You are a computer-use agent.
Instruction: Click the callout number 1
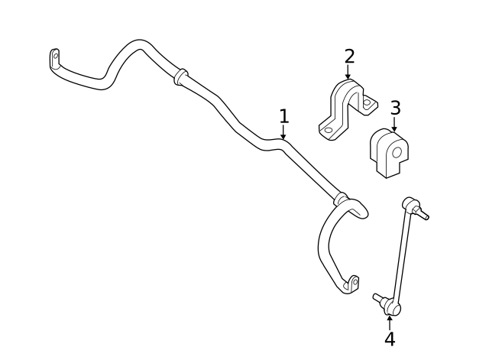[283, 116]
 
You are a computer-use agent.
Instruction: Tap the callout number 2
[350, 57]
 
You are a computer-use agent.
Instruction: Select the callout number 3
[395, 108]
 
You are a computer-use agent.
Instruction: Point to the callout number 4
[390, 339]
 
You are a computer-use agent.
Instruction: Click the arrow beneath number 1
[283, 132]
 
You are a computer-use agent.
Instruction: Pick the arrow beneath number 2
[348, 72]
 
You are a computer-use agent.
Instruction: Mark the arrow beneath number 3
[394, 124]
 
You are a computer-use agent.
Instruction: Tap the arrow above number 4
[390, 323]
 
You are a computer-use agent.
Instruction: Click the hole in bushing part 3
[397, 153]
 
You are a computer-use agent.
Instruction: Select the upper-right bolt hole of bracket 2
[367, 102]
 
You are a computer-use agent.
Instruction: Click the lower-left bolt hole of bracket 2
[328, 130]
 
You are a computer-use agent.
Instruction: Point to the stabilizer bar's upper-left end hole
[56, 56]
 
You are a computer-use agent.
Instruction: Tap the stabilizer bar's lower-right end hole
[355, 282]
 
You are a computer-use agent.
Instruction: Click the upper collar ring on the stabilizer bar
[180, 76]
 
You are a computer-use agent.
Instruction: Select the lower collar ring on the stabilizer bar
[341, 199]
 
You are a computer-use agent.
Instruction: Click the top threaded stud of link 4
[423, 214]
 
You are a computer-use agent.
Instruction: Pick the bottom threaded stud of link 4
[378, 297]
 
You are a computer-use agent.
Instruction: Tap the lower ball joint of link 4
[392, 307]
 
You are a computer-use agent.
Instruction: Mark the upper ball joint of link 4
[410, 204]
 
